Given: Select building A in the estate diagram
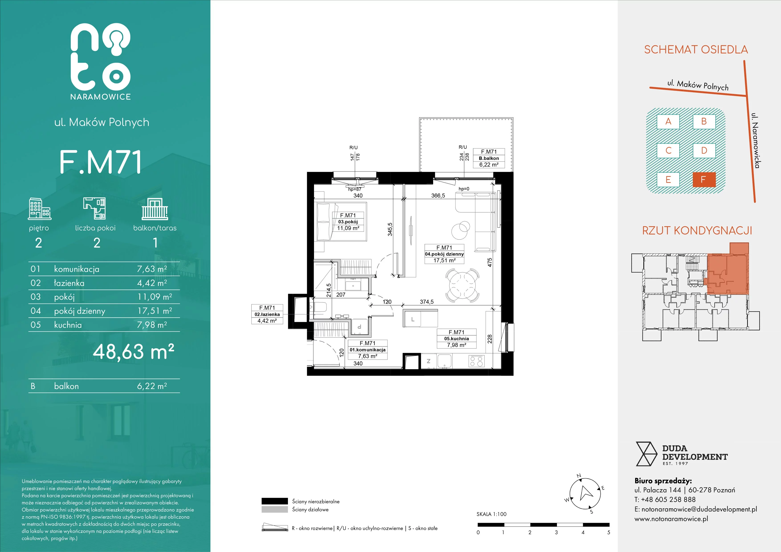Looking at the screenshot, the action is [x=668, y=121].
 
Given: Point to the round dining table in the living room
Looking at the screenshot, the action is [x=462, y=286].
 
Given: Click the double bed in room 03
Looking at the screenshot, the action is [x=342, y=222].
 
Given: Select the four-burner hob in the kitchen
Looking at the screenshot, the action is [x=476, y=361].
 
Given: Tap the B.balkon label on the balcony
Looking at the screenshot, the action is [x=489, y=158].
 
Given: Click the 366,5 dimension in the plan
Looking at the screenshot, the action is [x=438, y=196].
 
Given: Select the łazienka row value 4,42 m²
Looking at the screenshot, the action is [x=152, y=283].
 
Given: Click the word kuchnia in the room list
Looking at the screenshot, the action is [x=68, y=325].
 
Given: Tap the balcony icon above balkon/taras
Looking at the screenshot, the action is [x=155, y=209].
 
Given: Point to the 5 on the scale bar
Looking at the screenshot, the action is [x=609, y=532].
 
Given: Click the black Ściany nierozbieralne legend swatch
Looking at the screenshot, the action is [x=275, y=501].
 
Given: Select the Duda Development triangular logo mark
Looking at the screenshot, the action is [x=646, y=454].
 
